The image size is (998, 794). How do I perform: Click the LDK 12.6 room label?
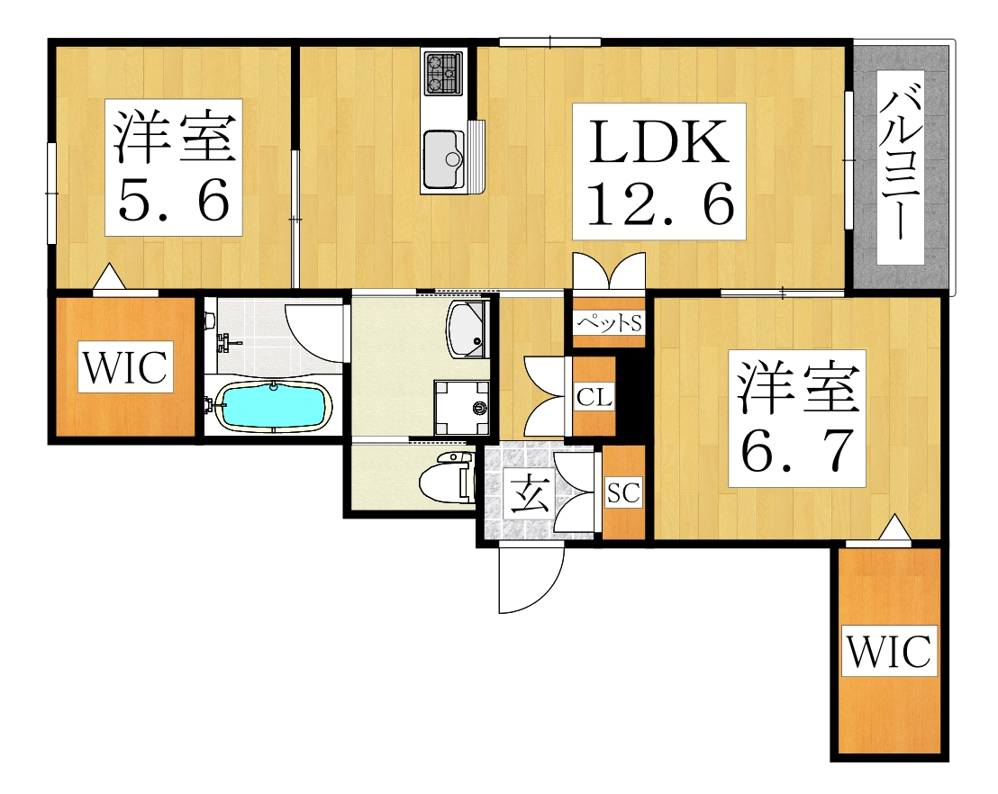coord(659,171)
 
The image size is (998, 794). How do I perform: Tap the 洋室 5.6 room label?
coord(173,167)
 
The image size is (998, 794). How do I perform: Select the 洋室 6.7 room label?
coord(796,419)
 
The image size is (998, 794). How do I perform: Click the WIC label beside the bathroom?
coord(126,368)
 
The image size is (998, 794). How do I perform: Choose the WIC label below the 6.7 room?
coord(889,651)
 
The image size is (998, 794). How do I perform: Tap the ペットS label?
coord(609,320)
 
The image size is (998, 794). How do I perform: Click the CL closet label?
coord(594,396)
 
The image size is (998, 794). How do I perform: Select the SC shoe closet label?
coord(623,492)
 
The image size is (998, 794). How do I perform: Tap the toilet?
coord(447,480)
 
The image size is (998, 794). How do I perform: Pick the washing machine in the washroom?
coord(461,408)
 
